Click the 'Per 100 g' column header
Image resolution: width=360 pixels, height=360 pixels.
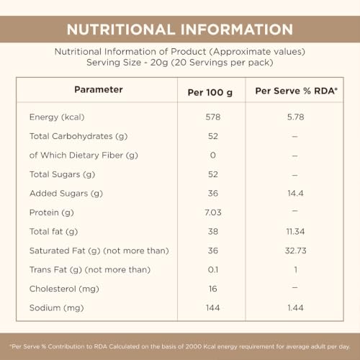pos(210,93)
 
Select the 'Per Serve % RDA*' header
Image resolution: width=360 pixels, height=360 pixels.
pos(296,91)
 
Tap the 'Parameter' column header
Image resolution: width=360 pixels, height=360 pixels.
pos(99,89)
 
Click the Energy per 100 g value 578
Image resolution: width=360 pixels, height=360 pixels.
pos(213,117)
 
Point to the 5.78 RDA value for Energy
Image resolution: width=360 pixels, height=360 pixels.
pos(295,117)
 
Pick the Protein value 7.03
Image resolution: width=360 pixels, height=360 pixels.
pos(213,212)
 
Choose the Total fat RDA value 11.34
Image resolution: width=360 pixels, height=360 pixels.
pos(295,232)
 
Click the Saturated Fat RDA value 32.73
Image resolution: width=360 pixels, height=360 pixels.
pos(295,251)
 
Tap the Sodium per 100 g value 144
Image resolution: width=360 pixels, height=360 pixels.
pos(213,308)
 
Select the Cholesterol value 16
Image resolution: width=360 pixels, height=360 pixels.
pos(213,289)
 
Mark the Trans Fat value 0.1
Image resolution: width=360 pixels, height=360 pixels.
pos(213,270)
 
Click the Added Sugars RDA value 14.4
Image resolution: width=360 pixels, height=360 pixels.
pos(295,194)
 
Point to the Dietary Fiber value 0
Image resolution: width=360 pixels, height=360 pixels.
pos(213,156)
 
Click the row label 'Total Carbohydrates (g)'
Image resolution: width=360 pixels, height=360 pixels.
pos(78,136)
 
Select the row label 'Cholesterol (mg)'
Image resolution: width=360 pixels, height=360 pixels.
pos(64,289)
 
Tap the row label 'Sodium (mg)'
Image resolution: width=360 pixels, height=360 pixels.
pos(57,308)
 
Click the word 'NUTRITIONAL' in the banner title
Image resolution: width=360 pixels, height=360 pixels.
pos(121,30)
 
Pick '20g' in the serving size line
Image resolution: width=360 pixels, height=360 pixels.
pos(159,63)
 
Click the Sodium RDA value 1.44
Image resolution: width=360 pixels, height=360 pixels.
pos(295,308)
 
